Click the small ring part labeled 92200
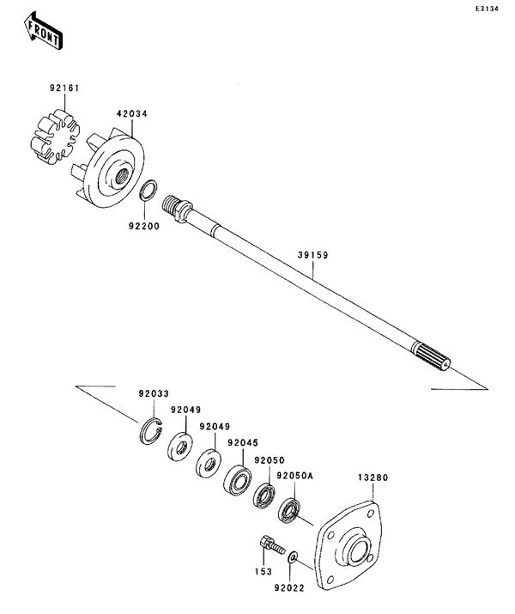click(x=148, y=189)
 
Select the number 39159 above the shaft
click(x=313, y=255)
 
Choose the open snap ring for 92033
click(x=151, y=429)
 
